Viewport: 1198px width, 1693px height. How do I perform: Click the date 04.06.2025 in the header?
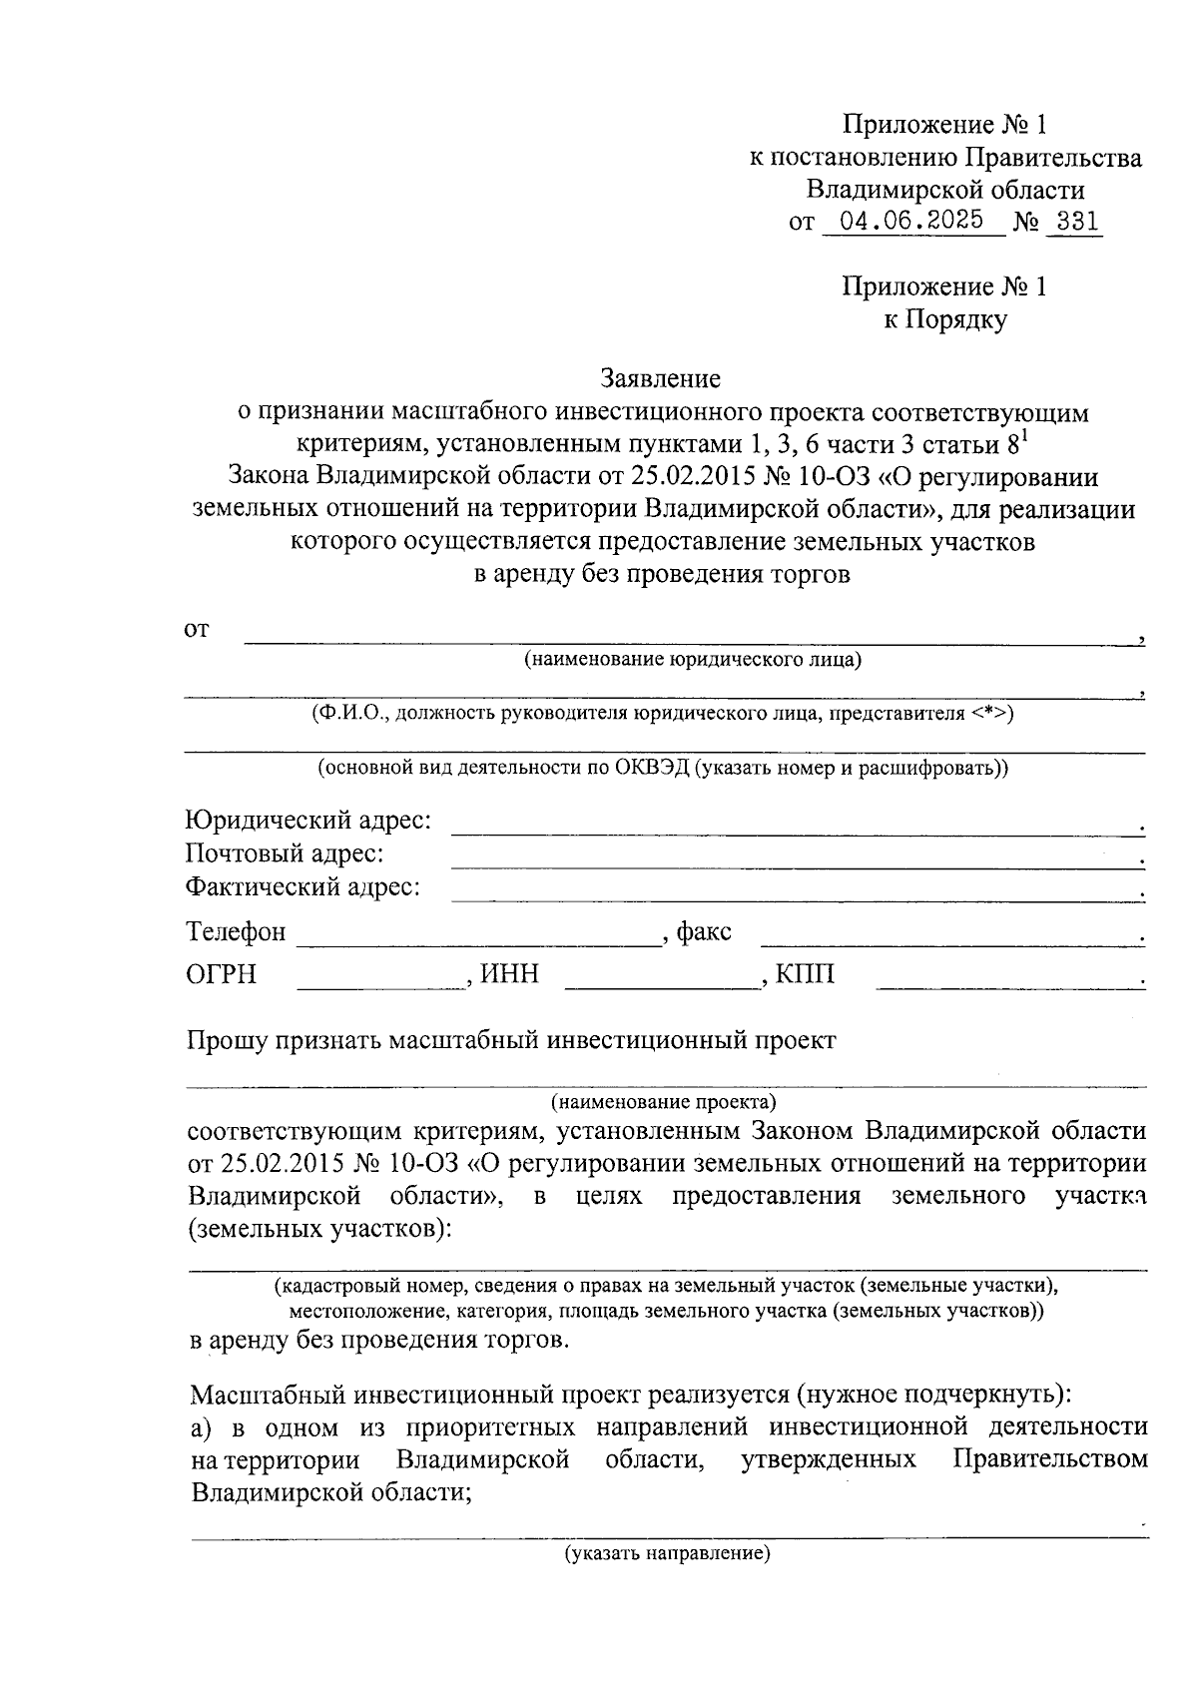tap(911, 221)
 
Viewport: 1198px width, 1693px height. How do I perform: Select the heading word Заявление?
tap(660, 378)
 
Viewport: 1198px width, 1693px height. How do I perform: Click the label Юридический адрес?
tap(308, 821)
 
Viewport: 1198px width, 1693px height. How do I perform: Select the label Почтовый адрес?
tap(286, 853)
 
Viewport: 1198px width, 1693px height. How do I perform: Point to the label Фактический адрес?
tap(302, 886)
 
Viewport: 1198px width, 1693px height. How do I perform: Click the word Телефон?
tap(236, 932)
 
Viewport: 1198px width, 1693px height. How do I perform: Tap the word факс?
tap(704, 932)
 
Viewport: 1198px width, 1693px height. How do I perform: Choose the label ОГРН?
tap(221, 974)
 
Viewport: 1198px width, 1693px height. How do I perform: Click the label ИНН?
tap(509, 974)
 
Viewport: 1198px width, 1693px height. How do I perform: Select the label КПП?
tap(805, 974)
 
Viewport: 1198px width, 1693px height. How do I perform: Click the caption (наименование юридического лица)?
tap(693, 660)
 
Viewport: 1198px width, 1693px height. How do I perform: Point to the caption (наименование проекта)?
tap(663, 1103)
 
